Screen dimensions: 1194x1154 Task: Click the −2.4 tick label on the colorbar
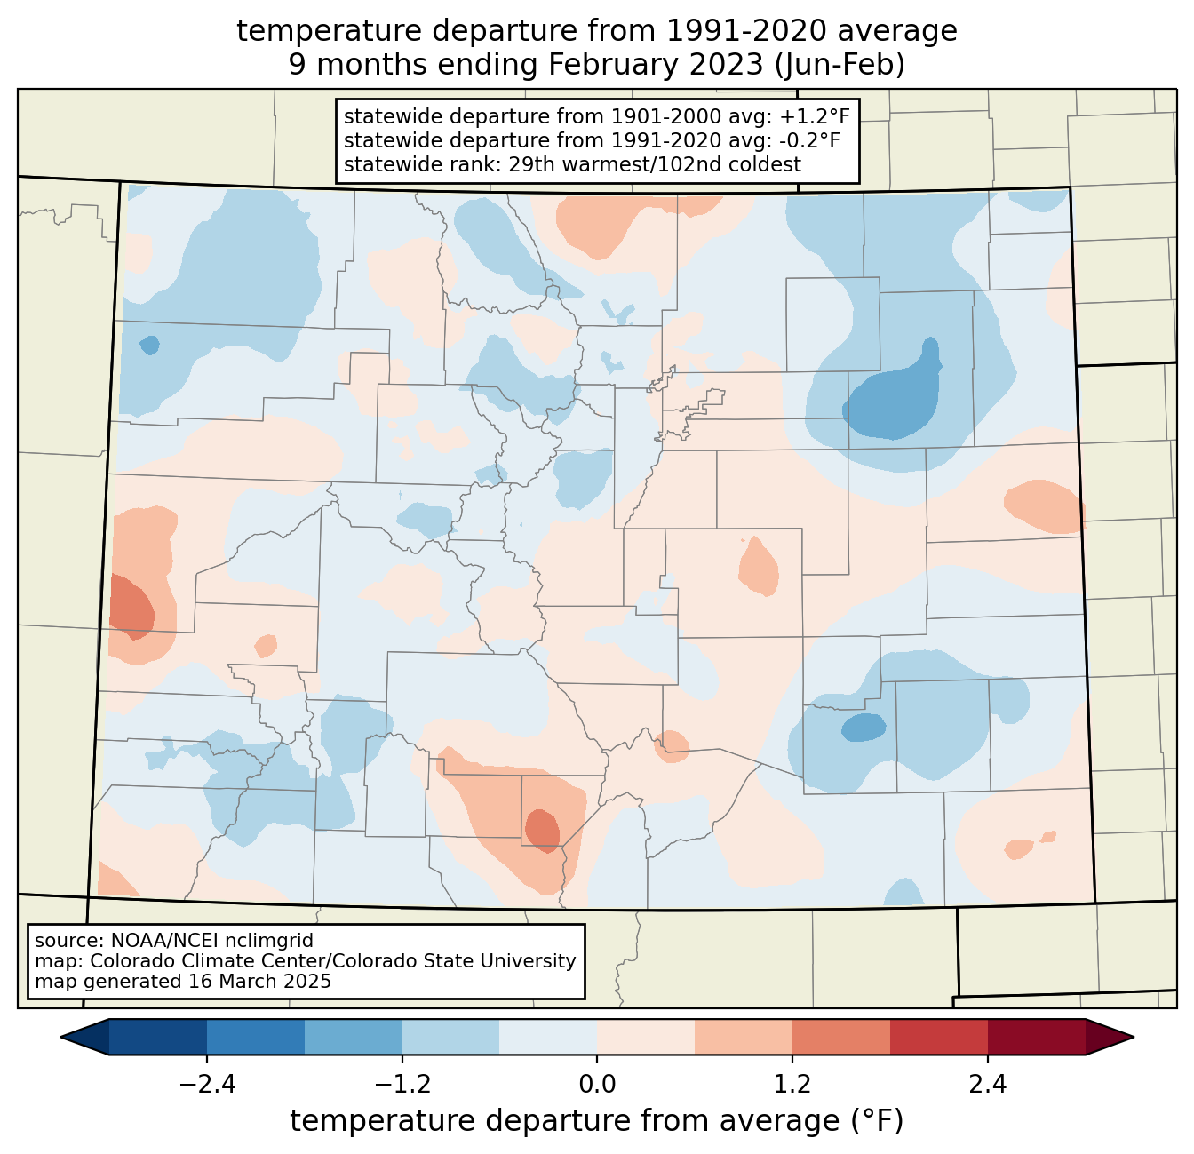207,1084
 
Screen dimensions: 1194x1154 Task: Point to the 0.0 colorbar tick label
597,1084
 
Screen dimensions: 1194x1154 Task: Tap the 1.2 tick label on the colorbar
792,1084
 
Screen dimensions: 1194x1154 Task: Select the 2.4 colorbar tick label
987,1084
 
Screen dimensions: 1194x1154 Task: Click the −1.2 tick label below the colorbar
402,1084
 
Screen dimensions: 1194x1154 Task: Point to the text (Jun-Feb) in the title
840,65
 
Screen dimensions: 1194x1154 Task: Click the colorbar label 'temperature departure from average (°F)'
596,1120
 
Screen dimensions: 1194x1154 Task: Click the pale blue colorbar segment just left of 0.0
548,1038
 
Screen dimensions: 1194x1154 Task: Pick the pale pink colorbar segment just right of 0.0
646,1038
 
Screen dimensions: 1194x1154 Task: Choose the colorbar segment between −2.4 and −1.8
255,1038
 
